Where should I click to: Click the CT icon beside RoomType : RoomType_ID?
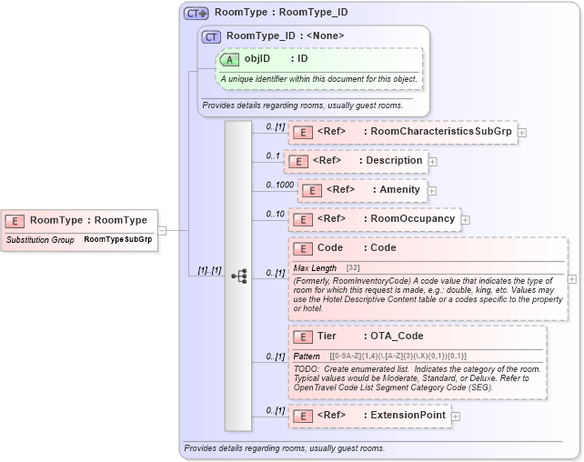(196, 13)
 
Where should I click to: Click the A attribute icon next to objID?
(231, 58)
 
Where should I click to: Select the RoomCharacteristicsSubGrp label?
(441, 132)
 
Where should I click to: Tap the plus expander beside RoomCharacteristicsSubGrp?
(521, 132)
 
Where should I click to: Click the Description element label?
(394, 161)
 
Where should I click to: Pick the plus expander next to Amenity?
(433, 190)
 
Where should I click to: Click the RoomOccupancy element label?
(413, 219)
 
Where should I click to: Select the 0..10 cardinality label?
(275, 214)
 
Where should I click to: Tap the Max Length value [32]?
(353, 268)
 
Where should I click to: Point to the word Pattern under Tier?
(307, 357)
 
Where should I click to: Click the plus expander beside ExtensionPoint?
(456, 416)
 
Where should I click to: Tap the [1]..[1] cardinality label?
(209, 270)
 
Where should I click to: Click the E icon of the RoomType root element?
(16, 220)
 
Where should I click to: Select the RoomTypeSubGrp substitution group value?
(117, 240)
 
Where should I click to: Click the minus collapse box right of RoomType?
(162, 230)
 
